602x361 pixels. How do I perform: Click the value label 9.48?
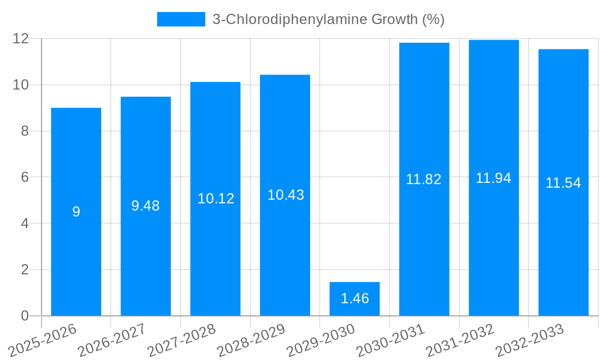(x=146, y=206)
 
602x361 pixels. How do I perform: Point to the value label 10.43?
(x=285, y=195)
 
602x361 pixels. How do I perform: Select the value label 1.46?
(x=355, y=298)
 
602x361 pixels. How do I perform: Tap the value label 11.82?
(x=424, y=179)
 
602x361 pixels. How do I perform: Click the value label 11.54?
(x=563, y=183)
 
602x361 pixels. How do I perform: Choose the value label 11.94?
(x=494, y=178)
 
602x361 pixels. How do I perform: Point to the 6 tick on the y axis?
(x=25, y=177)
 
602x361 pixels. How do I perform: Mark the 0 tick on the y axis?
(x=25, y=316)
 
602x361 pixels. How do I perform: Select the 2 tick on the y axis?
(x=25, y=270)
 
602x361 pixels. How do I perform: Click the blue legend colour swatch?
(x=181, y=19)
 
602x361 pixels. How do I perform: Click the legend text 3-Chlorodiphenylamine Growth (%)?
(x=329, y=19)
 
